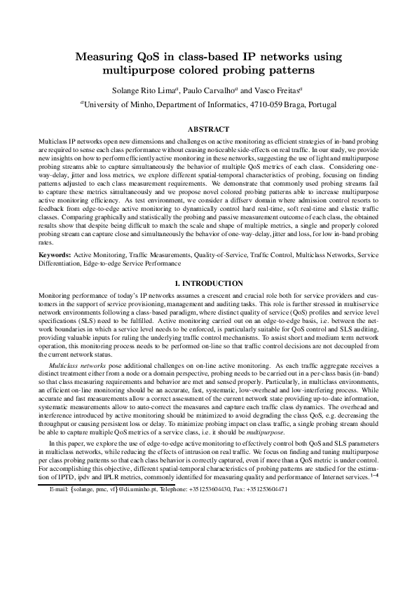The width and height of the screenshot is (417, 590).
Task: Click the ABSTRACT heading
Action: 208,129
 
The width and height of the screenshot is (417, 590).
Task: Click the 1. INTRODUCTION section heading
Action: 208,263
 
